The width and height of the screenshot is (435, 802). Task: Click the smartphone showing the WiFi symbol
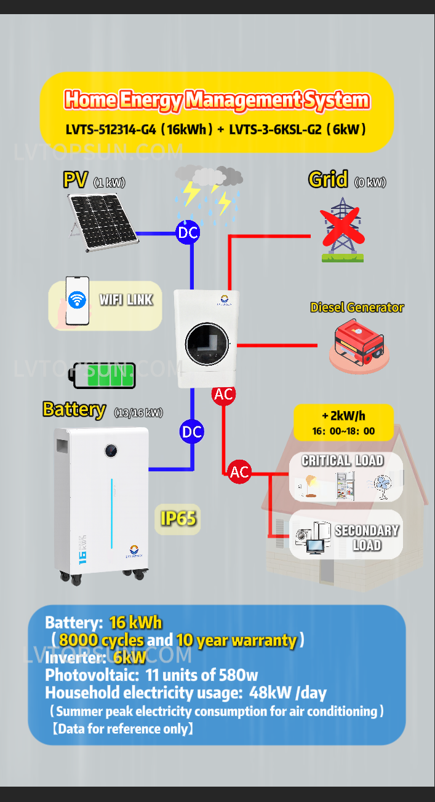78,301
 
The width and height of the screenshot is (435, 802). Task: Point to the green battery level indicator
105,375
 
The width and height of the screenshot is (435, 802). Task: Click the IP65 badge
178,519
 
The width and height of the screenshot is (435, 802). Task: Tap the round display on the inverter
207,342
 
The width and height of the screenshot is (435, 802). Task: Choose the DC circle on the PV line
188,232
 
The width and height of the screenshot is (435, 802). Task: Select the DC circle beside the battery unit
192,432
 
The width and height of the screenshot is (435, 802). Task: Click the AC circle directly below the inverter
223,395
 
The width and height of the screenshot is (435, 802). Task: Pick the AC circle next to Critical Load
239,472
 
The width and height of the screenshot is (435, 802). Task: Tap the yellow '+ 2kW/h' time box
343,422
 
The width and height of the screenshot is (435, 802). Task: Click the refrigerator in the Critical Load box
345,485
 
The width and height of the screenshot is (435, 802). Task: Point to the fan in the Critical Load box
382,487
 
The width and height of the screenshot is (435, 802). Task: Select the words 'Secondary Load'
367,538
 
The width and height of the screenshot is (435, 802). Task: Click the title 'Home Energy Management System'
217,100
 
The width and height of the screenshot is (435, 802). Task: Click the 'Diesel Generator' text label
357,307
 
